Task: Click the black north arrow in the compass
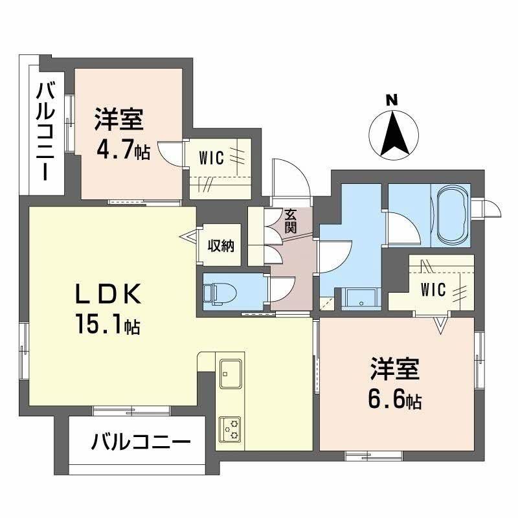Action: coord(394,133)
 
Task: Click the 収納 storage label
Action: coord(220,246)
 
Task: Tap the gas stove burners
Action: coord(231,427)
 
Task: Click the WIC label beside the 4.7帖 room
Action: coord(212,157)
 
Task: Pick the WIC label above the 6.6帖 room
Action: coord(432,289)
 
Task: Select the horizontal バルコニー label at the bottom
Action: coord(141,444)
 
